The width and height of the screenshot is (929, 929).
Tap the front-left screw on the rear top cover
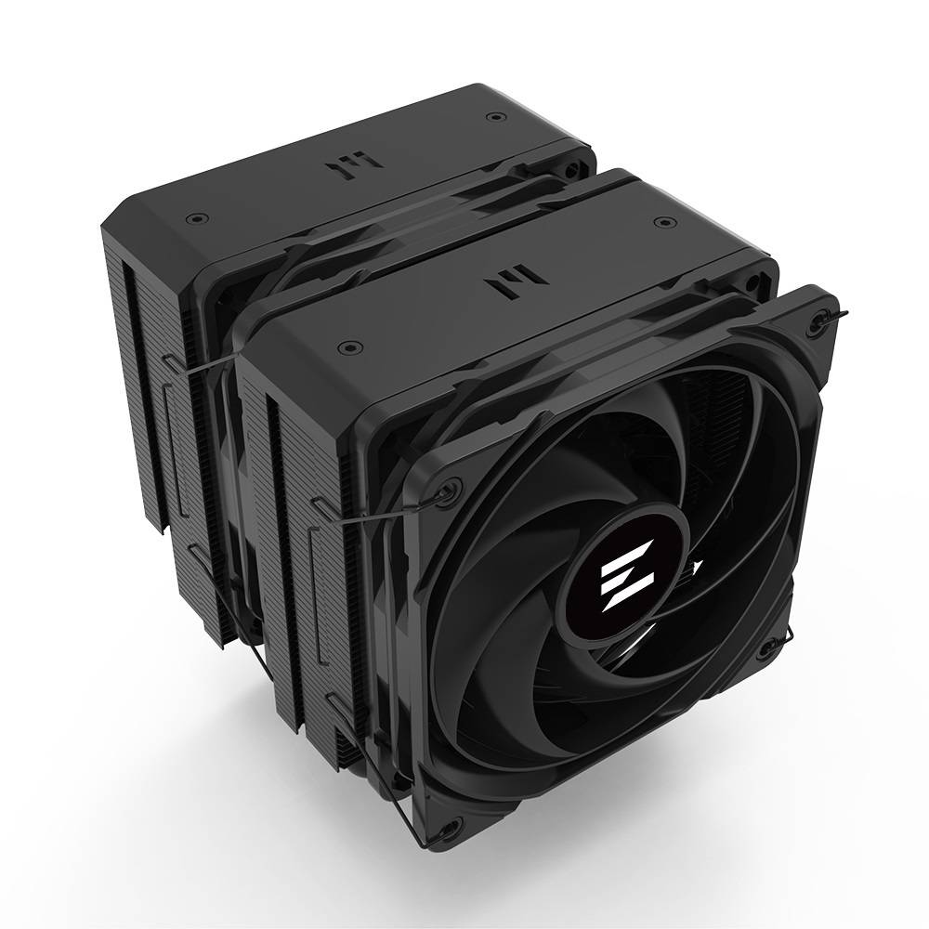pyautogui.click(x=192, y=220)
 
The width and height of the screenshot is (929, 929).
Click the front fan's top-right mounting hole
pyautogui.click(x=817, y=321)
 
